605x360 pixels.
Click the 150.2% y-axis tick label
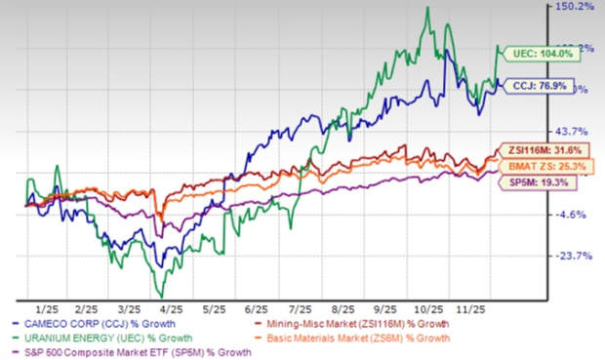coord(575,7)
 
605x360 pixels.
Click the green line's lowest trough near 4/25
coord(162,296)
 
